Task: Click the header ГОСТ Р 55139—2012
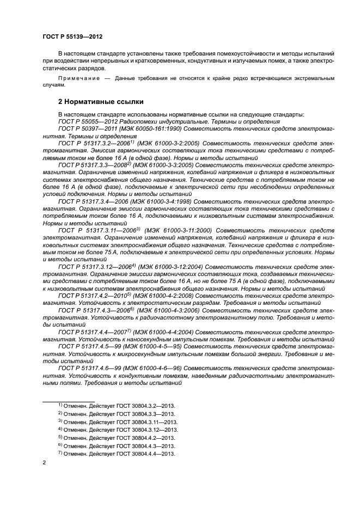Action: coord(72,36)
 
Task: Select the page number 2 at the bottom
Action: coord(44,463)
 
